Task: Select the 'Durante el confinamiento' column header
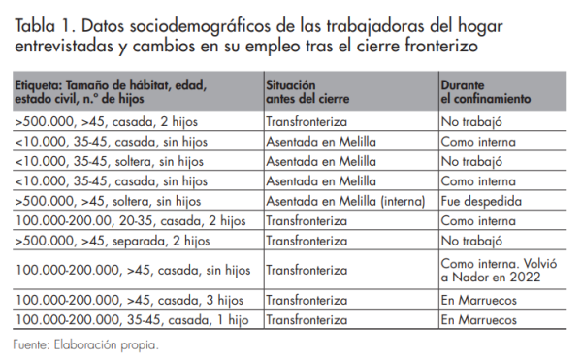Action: pyautogui.click(x=486, y=91)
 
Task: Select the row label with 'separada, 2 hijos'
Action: pyautogui.click(x=112, y=240)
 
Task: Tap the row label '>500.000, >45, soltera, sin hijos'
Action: pyautogui.click(x=108, y=201)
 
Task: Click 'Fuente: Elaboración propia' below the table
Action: pyautogui.click(x=85, y=344)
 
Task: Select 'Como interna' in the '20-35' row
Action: pyautogui.click(x=478, y=220)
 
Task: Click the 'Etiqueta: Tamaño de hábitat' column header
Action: pyautogui.click(x=111, y=91)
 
